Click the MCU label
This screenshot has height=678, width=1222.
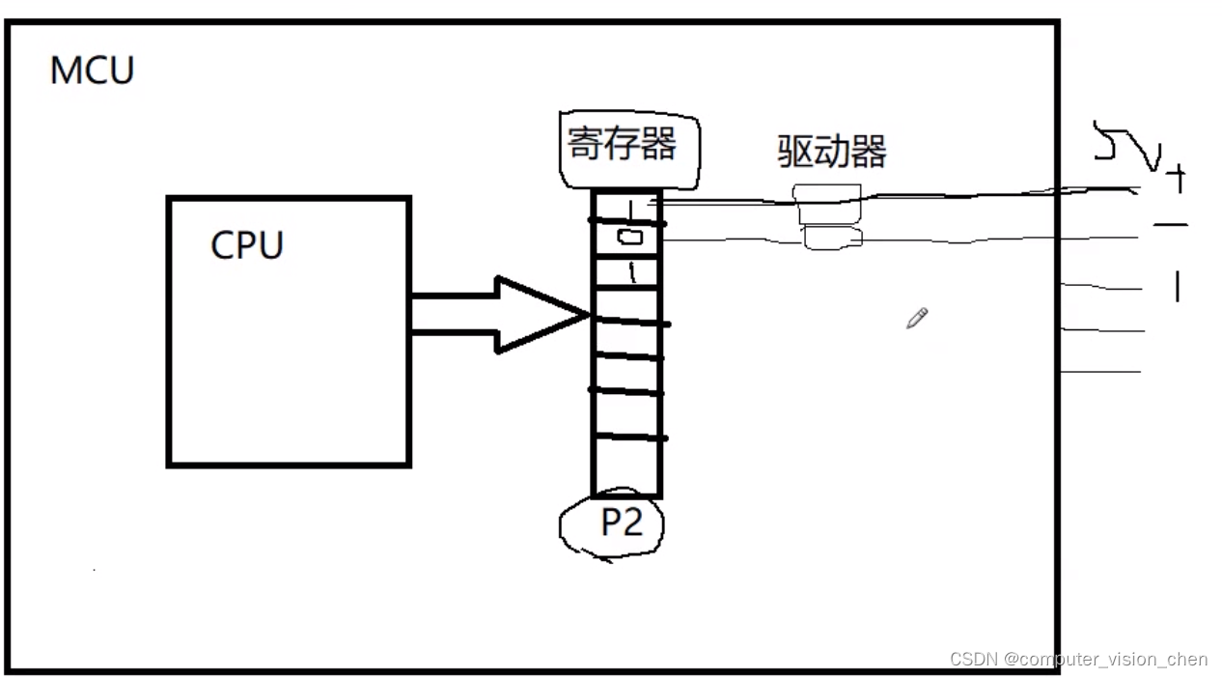92,71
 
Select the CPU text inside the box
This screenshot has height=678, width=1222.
247,245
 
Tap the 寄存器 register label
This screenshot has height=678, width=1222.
623,145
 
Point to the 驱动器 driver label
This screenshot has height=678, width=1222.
832,151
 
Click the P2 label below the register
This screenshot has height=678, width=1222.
621,523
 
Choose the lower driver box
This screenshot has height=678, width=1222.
832,238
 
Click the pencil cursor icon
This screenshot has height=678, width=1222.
917,319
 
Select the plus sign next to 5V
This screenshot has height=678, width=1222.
1176,179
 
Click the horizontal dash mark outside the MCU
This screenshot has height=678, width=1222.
1170,225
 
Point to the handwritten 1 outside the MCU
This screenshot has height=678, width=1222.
1177,286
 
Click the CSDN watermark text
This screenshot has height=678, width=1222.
1078,660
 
